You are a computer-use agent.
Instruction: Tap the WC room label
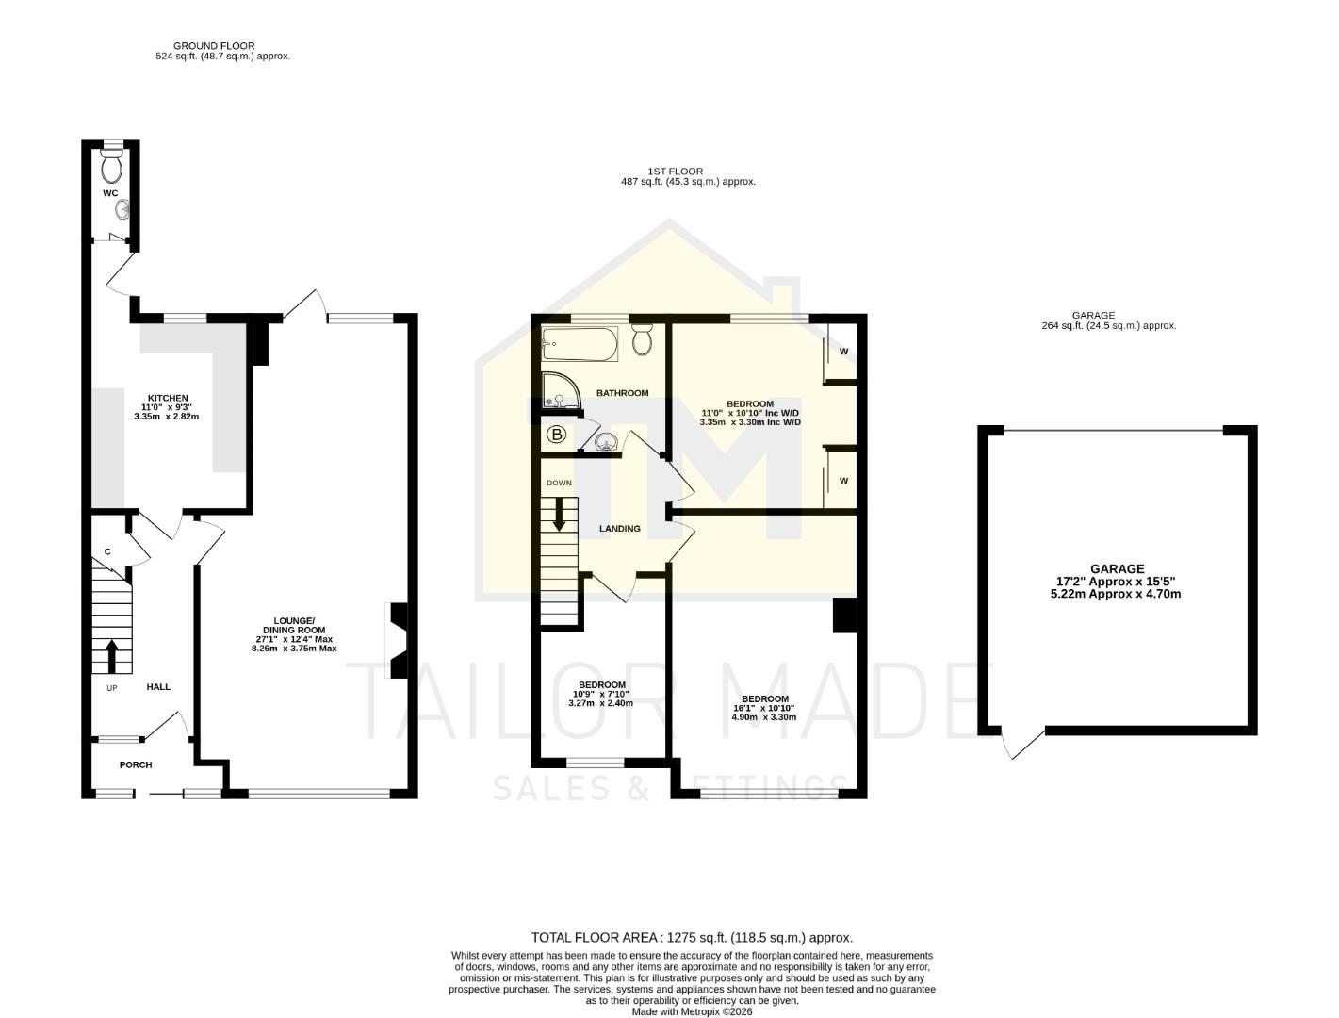[x=110, y=193]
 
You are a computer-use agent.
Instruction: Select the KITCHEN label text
[x=167, y=398]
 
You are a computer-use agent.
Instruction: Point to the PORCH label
[x=136, y=764]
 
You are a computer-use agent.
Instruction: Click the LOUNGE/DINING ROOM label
[x=294, y=625]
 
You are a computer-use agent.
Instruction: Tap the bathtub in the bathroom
[x=580, y=344]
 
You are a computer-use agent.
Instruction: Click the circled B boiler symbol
[x=557, y=435]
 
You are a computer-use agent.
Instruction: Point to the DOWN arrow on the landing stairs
[x=560, y=513]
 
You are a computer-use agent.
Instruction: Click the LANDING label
[x=620, y=529]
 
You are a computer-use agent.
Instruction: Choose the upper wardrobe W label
[x=843, y=352]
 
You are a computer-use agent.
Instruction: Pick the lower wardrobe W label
[x=843, y=481]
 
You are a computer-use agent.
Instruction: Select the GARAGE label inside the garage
[x=1117, y=568]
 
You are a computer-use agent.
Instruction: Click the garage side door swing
[x=1020, y=744]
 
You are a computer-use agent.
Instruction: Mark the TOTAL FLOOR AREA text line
[x=692, y=937]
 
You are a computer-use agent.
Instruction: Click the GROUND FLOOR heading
[x=214, y=45]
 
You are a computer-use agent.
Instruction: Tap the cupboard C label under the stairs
[x=107, y=551]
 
